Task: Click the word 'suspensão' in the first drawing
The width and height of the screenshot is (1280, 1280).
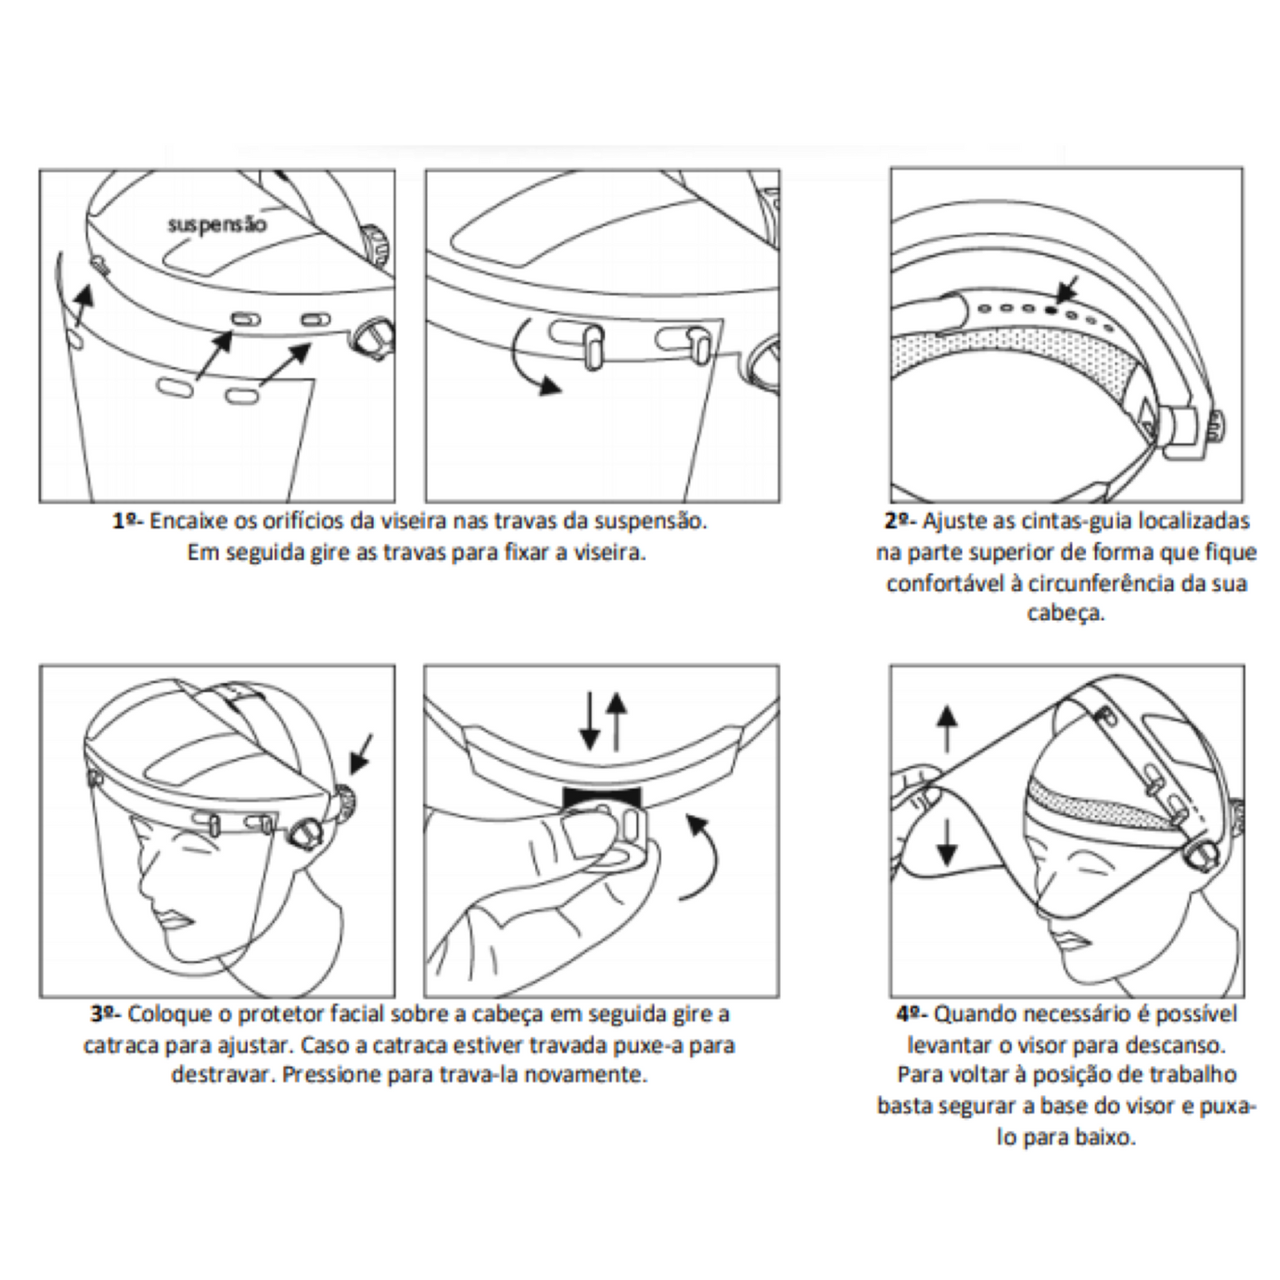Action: coord(217,224)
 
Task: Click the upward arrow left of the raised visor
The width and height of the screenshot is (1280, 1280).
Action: coord(947,728)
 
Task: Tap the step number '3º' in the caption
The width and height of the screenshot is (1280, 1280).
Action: coord(105,1013)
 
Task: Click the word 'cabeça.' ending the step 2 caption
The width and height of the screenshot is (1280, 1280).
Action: coord(1066,613)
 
